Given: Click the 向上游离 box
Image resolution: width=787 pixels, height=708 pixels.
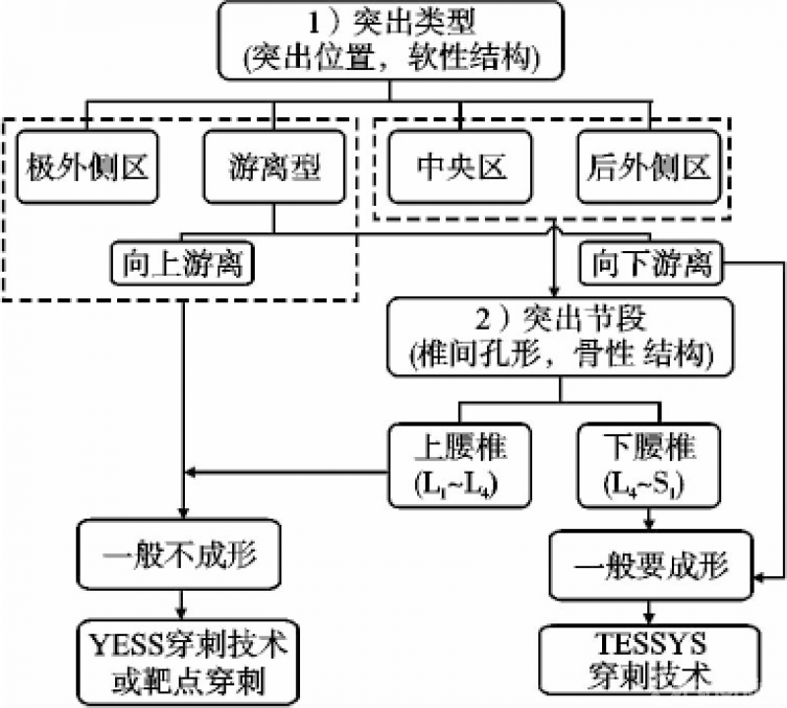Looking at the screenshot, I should (182, 263).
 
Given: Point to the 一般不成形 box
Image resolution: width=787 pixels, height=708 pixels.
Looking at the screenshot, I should (182, 552).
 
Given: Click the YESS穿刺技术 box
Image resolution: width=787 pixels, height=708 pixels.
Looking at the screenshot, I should (182, 659).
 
